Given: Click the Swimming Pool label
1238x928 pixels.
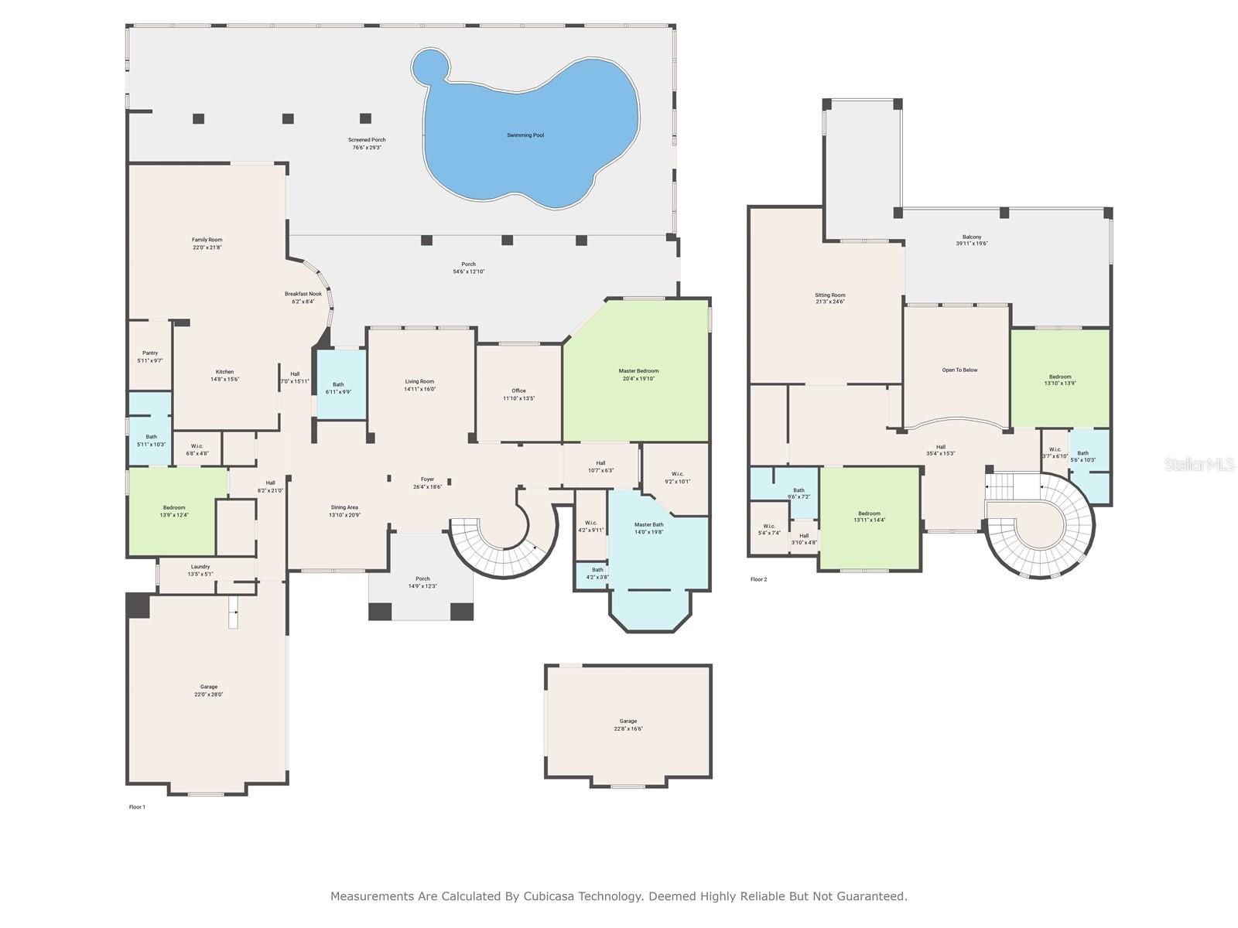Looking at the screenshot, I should (525, 135).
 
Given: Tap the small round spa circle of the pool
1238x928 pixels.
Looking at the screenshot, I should (431, 67).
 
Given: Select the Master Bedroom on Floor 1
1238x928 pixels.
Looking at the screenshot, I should (638, 371).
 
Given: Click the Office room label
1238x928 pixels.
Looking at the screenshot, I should (518, 391).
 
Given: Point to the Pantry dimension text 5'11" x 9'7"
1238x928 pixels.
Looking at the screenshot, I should (150, 361).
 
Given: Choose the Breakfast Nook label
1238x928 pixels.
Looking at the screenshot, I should (303, 294).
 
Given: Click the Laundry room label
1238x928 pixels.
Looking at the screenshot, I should (200, 567).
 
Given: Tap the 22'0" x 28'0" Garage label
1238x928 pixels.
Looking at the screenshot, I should (209, 694).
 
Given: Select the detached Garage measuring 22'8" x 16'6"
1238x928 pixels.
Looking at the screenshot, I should (628, 725).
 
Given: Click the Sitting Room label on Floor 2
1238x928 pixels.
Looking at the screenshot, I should (829, 295).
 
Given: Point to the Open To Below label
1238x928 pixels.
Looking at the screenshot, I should (959, 370).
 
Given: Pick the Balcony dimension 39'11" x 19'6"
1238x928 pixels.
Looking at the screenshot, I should (972, 244).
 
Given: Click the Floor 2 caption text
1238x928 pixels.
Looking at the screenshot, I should (758, 579).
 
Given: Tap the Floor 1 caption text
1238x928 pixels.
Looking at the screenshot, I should (137, 807).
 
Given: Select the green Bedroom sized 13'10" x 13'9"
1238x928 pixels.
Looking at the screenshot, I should (1060, 380).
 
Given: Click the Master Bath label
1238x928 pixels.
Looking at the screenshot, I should (648, 524).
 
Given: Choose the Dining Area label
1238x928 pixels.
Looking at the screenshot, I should (344, 507).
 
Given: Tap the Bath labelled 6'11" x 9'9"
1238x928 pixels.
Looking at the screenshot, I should (338, 387).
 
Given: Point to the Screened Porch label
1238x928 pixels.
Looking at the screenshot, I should (367, 140).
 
